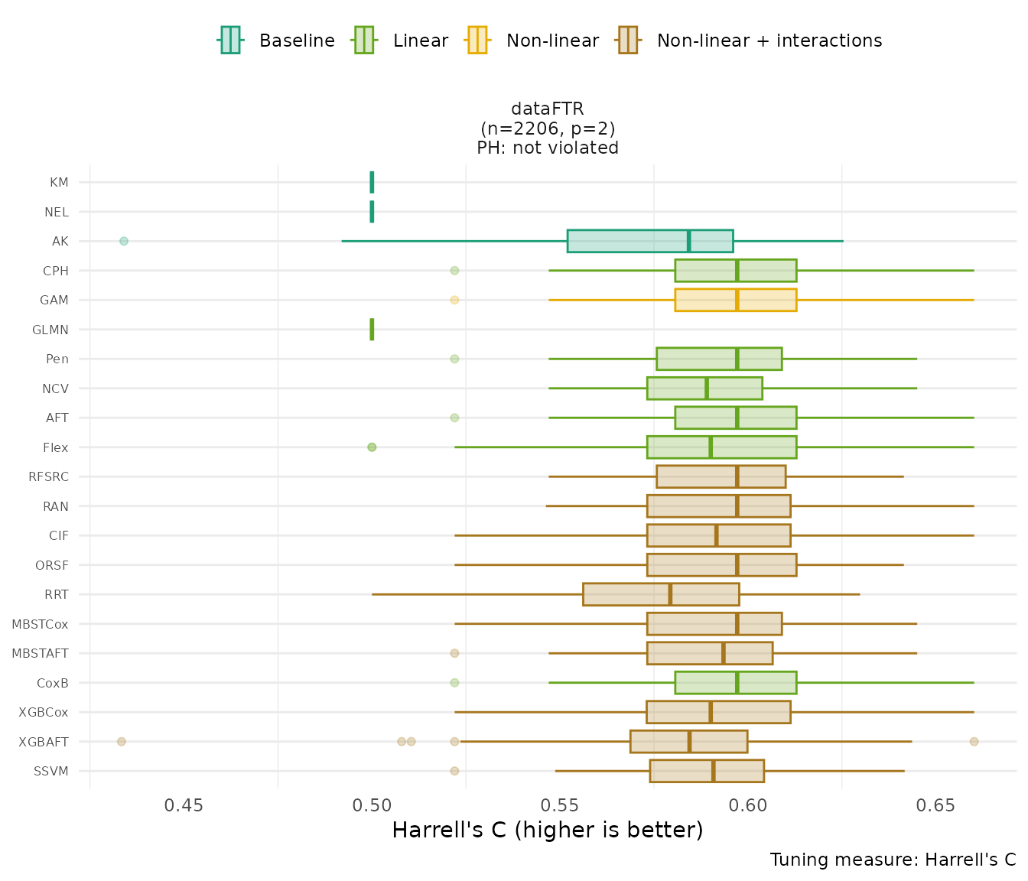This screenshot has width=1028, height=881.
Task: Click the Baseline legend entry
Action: click(x=277, y=41)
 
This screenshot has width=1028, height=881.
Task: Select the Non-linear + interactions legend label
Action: click(x=769, y=41)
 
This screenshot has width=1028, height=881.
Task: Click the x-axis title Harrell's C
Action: click(x=547, y=830)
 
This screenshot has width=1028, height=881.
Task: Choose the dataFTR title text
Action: click(x=548, y=109)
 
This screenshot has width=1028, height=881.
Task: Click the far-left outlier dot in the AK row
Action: click(x=124, y=241)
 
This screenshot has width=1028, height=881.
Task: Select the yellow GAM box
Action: click(x=736, y=300)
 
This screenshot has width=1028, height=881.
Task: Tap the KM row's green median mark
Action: click(x=372, y=182)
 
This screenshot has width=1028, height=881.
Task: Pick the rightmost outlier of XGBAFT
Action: click(x=974, y=741)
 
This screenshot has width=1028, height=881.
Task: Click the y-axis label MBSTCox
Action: click(x=40, y=624)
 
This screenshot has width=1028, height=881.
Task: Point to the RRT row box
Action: click(x=661, y=594)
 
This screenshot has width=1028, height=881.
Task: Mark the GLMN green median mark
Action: click(x=372, y=330)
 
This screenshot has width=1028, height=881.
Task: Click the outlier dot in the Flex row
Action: click(x=372, y=447)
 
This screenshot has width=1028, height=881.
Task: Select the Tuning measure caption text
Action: click(x=893, y=860)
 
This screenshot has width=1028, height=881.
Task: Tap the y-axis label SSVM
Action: click(x=51, y=771)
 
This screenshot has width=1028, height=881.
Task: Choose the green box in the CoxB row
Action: click(x=736, y=683)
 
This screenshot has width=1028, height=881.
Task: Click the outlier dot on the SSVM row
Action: click(x=454, y=771)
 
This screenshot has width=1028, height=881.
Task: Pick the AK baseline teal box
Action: click(x=650, y=241)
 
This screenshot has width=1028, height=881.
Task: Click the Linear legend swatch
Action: click(x=363, y=41)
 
